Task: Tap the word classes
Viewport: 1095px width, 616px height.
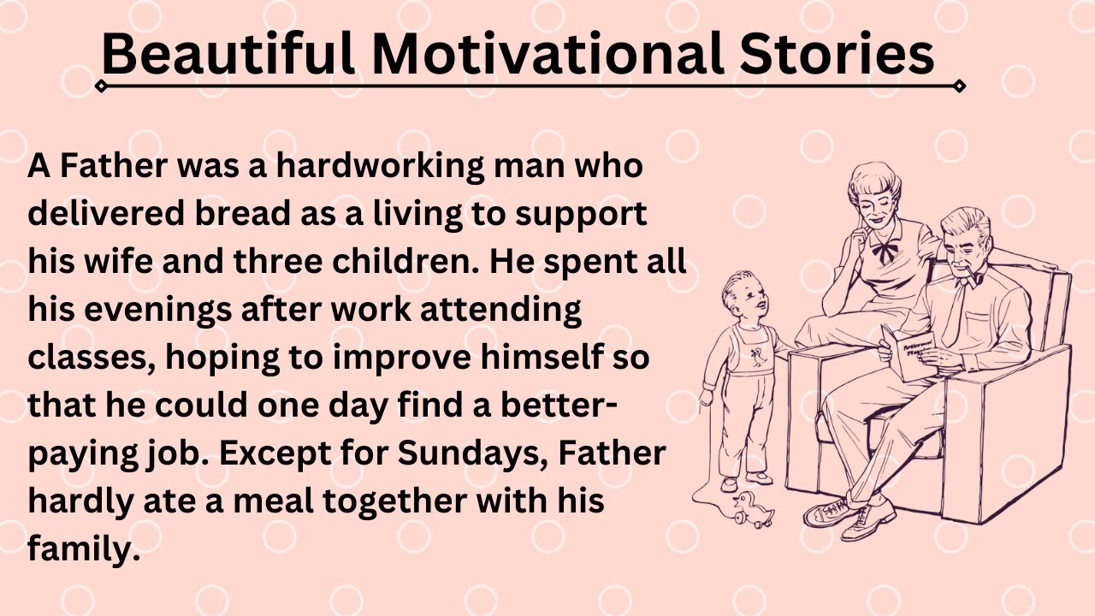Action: pyautogui.click(x=89, y=357)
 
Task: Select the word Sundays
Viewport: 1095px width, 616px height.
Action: pyautogui.click(x=473, y=453)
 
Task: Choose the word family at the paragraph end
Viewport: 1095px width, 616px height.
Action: pyautogui.click(x=83, y=548)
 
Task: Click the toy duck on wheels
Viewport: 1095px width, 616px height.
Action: pyautogui.click(x=754, y=510)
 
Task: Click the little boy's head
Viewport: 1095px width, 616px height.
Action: pyautogui.click(x=741, y=298)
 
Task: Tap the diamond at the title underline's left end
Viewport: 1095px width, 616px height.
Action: pyautogui.click(x=102, y=86)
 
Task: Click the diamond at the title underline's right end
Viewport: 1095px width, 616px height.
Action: pyautogui.click(x=959, y=86)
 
